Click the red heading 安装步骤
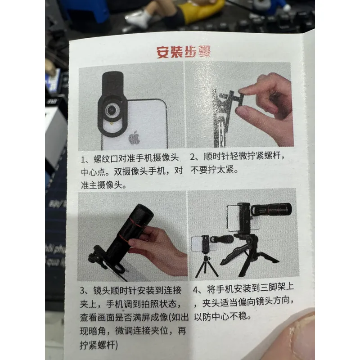(184, 52)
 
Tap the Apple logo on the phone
(134, 138)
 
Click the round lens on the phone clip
(112, 109)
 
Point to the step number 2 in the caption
(193, 157)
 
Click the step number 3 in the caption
(82, 291)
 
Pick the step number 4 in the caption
(195, 290)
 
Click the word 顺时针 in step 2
(216, 156)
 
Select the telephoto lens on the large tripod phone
(271, 209)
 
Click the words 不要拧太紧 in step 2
(212, 170)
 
